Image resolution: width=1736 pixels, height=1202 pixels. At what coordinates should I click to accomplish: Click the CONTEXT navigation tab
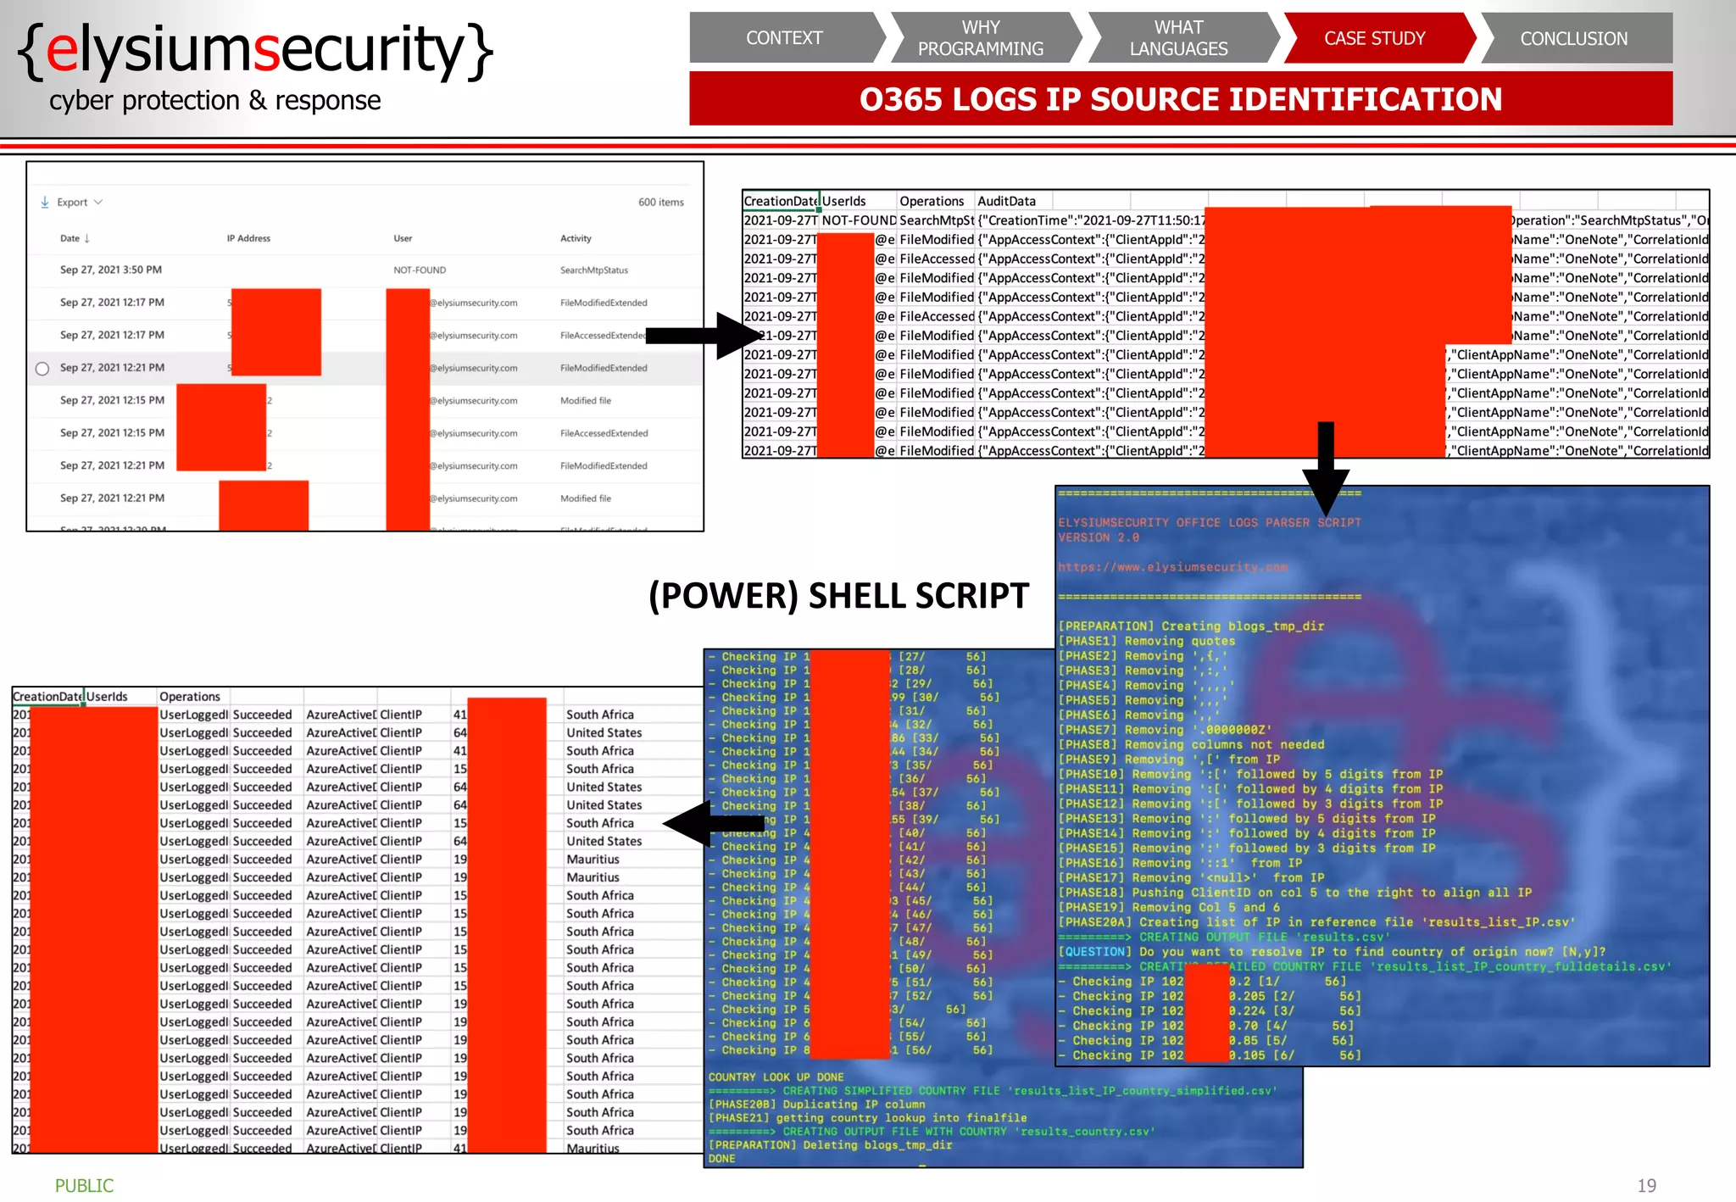783,38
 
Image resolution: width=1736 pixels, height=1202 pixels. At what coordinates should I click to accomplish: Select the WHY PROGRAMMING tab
980,38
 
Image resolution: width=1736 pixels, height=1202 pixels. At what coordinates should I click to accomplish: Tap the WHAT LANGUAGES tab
1178,38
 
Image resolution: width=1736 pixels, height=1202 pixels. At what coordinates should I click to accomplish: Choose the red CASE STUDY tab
1374,38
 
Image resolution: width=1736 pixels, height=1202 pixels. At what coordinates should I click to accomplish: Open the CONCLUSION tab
1573,38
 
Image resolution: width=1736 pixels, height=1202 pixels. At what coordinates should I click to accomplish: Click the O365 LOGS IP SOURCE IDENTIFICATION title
1180,99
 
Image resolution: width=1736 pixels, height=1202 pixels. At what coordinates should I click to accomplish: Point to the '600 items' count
660,203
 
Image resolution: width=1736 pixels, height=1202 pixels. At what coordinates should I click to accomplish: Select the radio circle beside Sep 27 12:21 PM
42,369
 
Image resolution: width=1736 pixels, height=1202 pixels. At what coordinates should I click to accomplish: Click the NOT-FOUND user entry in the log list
419,270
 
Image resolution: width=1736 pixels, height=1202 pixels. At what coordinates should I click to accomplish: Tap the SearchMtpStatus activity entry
593,270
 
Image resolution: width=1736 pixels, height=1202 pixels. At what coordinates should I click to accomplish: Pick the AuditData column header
1006,201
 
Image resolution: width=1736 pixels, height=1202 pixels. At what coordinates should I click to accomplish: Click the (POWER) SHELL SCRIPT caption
838,596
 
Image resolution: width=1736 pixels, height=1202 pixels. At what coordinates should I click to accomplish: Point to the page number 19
1646,1185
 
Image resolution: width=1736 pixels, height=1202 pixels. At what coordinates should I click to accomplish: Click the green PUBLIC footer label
84,1185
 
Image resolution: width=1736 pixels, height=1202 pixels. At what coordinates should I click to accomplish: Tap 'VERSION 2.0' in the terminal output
1098,537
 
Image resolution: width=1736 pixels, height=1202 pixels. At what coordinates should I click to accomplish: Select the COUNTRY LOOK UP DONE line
776,1077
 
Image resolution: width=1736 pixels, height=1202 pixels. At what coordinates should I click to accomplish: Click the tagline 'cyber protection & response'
214,101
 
